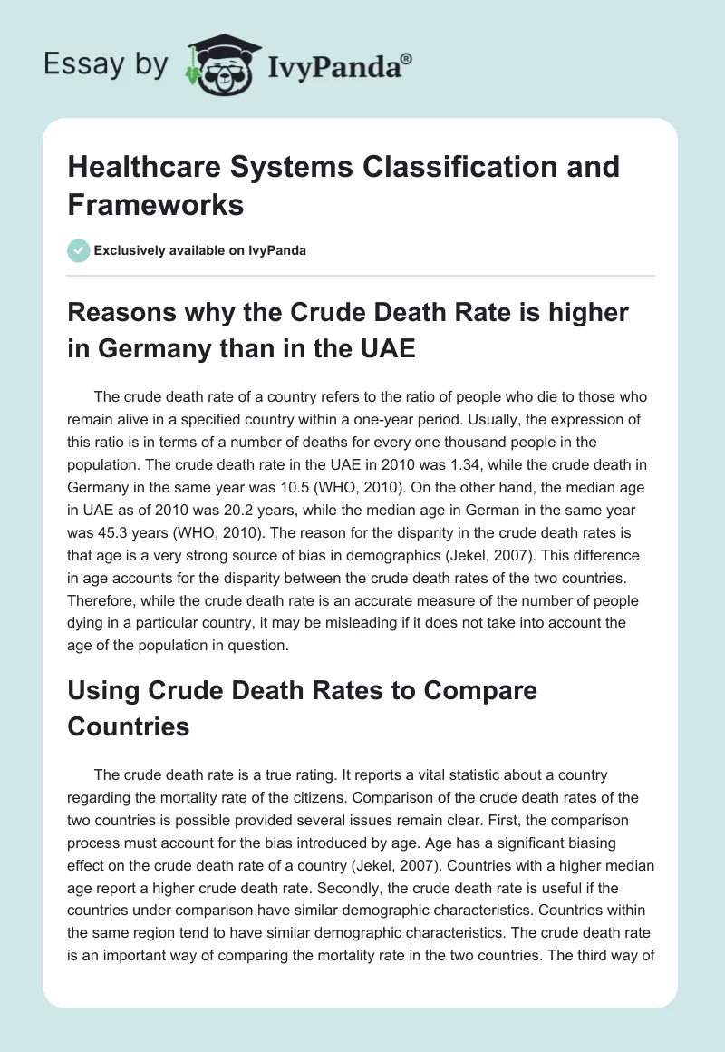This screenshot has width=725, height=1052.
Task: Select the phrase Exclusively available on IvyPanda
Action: point(199,250)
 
